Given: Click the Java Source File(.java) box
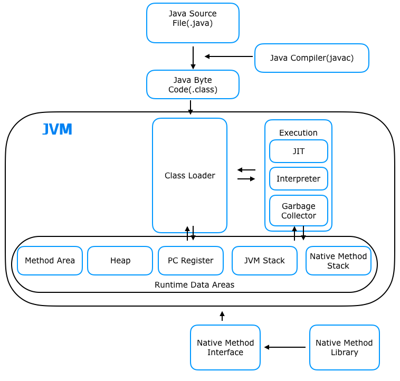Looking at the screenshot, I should [193, 23].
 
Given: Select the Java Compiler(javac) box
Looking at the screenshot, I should [311, 58].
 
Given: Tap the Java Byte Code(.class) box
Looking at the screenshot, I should [193, 84].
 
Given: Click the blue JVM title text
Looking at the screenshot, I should [57, 130].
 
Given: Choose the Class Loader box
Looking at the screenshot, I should [189, 175].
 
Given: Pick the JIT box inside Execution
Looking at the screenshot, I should [298, 151].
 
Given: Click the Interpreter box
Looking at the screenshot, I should [298, 179].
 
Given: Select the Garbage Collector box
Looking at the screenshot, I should [298, 211].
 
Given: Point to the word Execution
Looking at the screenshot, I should [298, 133].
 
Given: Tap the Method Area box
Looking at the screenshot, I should [50, 261].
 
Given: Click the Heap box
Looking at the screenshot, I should [120, 261].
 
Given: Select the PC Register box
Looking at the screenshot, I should [191, 261].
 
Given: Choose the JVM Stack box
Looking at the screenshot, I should [264, 261].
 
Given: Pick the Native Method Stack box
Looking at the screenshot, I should [338, 261].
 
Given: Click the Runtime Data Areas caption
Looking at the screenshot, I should [194, 284].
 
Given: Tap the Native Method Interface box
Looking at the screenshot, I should [225, 347].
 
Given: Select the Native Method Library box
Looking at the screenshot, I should [344, 347].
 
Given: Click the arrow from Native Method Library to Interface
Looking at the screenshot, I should [285, 347].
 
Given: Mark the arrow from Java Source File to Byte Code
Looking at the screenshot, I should [193, 58].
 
